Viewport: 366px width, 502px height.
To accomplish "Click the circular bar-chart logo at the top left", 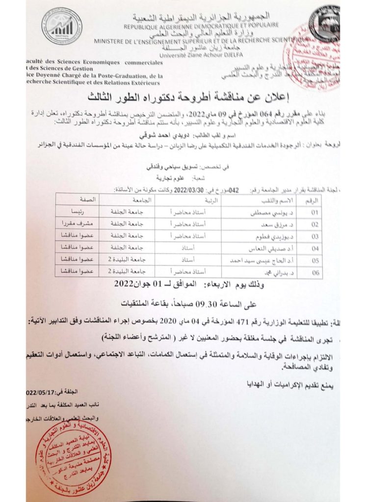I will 62,26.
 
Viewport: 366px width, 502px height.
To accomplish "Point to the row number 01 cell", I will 314,212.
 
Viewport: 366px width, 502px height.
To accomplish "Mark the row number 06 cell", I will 314,271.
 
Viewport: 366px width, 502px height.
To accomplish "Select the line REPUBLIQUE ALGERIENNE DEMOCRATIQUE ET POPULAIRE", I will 201,24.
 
